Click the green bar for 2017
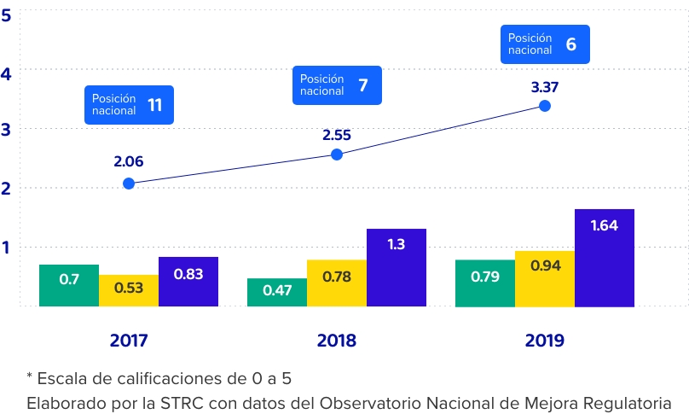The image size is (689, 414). pyautogui.click(x=69, y=285)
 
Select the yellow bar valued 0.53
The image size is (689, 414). pyautogui.click(x=129, y=290)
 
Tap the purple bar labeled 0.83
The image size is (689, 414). pyautogui.click(x=188, y=282)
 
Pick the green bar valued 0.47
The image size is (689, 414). pyautogui.click(x=277, y=292)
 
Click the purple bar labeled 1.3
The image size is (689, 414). pyautogui.click(x=397, y=267)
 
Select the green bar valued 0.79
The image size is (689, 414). pyautogui.click(x=485, y=283)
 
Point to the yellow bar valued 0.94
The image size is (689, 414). pyautogui.click(x=545, y=278)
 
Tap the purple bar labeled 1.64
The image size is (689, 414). pyautogui.click(x=605, y=257)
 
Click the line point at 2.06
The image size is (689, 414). pyautogui.click(x=129, y=184)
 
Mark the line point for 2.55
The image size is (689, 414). pyautogui.click(x=337, y=155)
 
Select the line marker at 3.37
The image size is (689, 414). pyautogui.click(x=545, y=106)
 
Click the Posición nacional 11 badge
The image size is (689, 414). pyautogui.click(x=129, y=105)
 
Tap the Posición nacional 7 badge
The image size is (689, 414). pyautogui.click(x=337, y=85)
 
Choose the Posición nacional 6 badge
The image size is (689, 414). pyautogui.click(x=545, y=44)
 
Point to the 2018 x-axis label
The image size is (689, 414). pyautogui.click(x=337, y=341)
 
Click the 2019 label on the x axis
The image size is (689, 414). pyautogui.click(x=545, y=341)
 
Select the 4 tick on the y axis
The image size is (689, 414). pyautogui.click(x=6, y=73)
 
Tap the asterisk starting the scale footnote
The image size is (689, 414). pyautogui.click(x=30, y=376)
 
